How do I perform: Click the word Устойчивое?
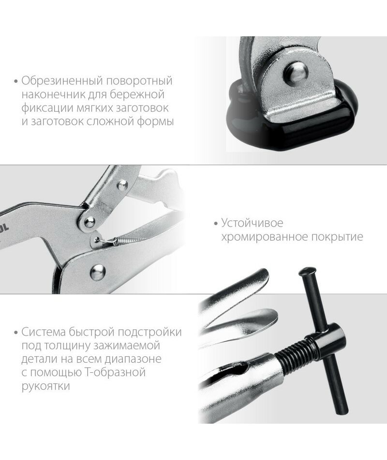252,223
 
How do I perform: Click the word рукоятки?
46,386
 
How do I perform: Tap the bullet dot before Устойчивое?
216,224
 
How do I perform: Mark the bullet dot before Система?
16,333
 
